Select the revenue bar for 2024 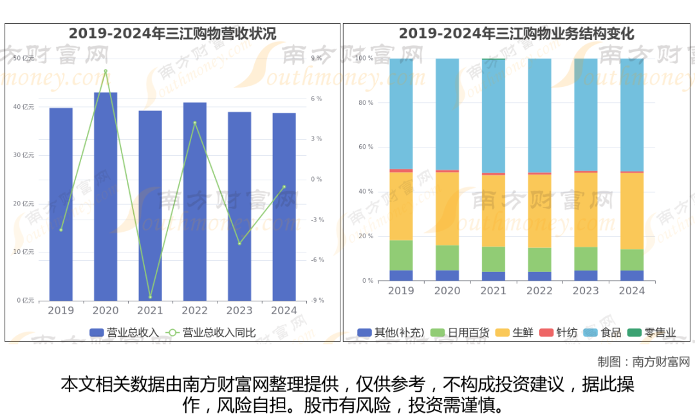pyautogui.click(x=284, y=206)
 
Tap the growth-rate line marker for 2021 pyautogui.click(x=151, y=297)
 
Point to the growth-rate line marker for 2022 pyautogui.click(x=195, y=123)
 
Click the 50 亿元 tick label pyautogui.click(x=25, y=59)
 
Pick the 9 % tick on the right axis pyautogui.click(x=316, y=59)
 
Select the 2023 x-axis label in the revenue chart pyautogui.click(x=239, y=310)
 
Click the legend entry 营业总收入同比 pyautogui.click(x=219, y=333)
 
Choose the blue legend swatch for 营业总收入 pyautogui.click(x=97, y=333)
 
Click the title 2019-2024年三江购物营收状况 pyautogui.click(x=172, y=33)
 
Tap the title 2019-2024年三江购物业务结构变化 pyautogui.click(x=516, y=33)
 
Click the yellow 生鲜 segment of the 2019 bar pyautogui.click(x=401, y=206)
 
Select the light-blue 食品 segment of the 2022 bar pyautogui.click(x=540, y=116)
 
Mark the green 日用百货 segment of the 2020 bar pyautogui.click(x=447, y=258)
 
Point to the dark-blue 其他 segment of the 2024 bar pyautogui.click(x=632, y=276)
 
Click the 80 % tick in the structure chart pyautogui.click(x=366, y=103)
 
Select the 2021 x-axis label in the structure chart pyautogui.click(x=494, y=291)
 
